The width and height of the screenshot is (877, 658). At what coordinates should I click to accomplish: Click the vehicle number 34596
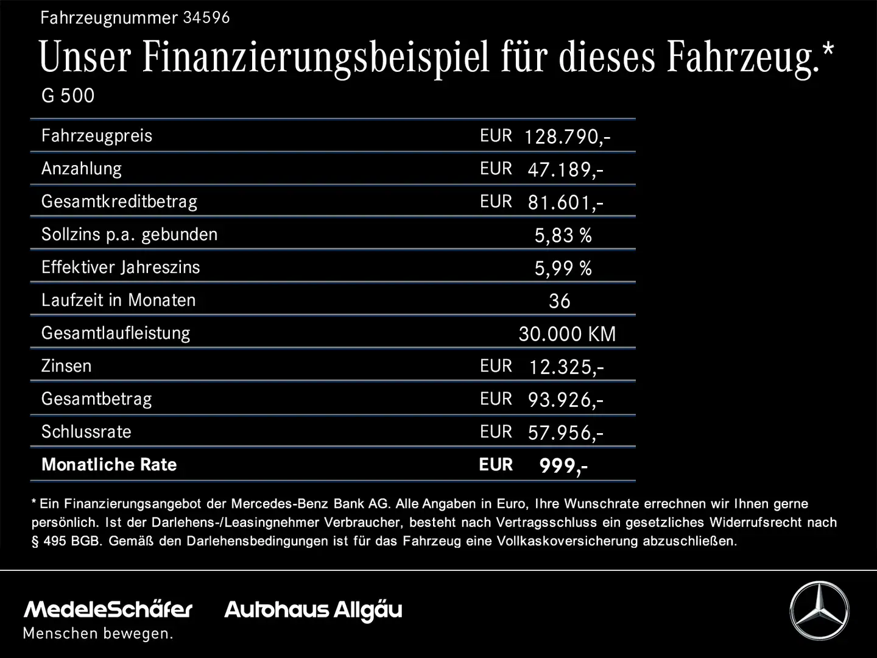click(x=206, y=17)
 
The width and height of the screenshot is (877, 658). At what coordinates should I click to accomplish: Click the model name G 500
click(x=68, y=96)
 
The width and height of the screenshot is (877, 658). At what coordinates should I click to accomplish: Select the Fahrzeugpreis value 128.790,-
click(x=567, y=136)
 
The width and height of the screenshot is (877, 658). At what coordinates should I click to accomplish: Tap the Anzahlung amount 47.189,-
click(x=565, y=169)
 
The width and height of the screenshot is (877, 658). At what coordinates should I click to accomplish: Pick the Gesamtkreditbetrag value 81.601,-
click(x=565, y=202)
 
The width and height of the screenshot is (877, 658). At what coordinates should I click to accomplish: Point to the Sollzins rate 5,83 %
click(x=563, y=235)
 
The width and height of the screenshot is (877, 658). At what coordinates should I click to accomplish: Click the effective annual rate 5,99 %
click(x=563, y=268)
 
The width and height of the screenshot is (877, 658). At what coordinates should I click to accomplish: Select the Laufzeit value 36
click(x=559, y=301)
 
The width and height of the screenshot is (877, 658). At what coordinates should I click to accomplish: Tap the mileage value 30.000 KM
click(x=567, y=334)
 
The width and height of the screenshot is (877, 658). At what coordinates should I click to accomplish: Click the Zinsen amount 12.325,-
click(x=566, y=367)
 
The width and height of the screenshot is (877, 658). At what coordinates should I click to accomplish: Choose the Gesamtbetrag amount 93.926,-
click(x=565, y=400)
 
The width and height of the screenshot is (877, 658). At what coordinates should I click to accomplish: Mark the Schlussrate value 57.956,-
click(x=565, y=433)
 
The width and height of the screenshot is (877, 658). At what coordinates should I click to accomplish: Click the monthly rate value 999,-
click(x=563, y=466)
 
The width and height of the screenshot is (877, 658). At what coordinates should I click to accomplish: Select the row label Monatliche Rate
click(x=109, y=465)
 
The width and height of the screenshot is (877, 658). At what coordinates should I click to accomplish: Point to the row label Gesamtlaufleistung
click(x=116, y=333)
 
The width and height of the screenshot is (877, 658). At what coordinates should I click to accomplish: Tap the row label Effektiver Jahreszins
click(x=121, y=267)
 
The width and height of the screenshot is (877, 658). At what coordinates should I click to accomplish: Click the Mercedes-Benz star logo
click(x=819, y=610)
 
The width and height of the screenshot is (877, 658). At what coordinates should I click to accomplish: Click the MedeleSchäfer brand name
click(x=108, y=609)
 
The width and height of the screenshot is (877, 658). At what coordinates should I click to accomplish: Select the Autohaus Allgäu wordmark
click(x=313, y=610)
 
